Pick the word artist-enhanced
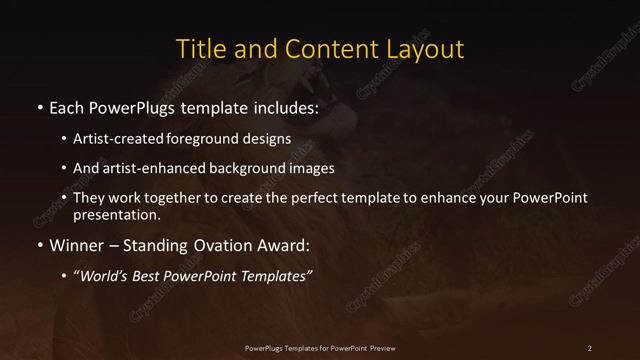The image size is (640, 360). pyautogui.click(x=147, y=169)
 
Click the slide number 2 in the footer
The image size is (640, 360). pyautogui.click(x=590, y=347)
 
